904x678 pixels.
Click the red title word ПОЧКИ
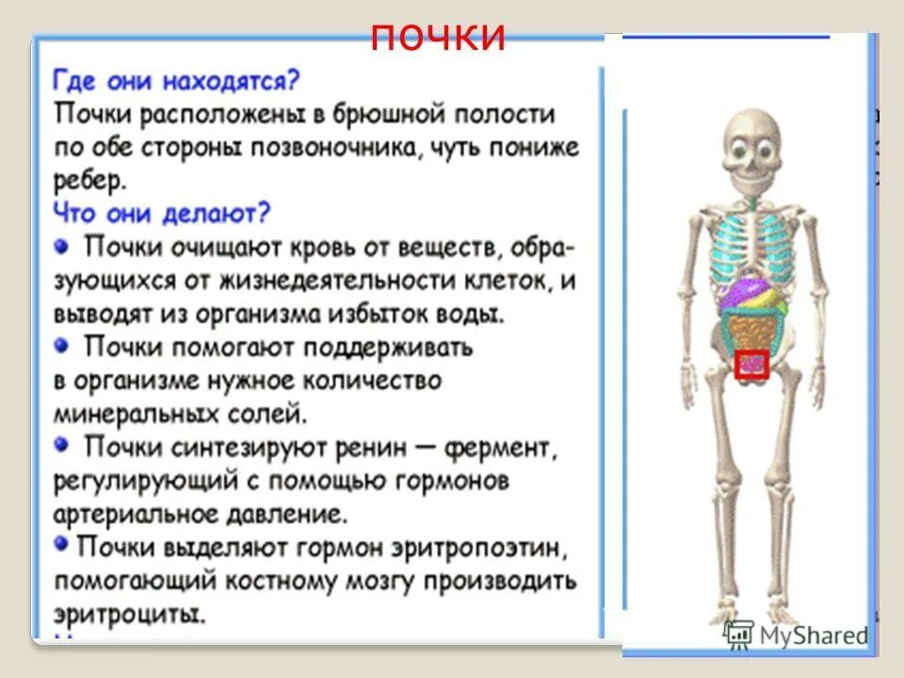point(439,37)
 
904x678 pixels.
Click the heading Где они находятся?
point(176,82)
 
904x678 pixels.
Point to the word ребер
point(89,179)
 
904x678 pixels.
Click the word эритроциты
point(129,614)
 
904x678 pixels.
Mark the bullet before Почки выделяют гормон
point(60,544)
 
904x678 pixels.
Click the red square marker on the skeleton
point(751,363)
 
